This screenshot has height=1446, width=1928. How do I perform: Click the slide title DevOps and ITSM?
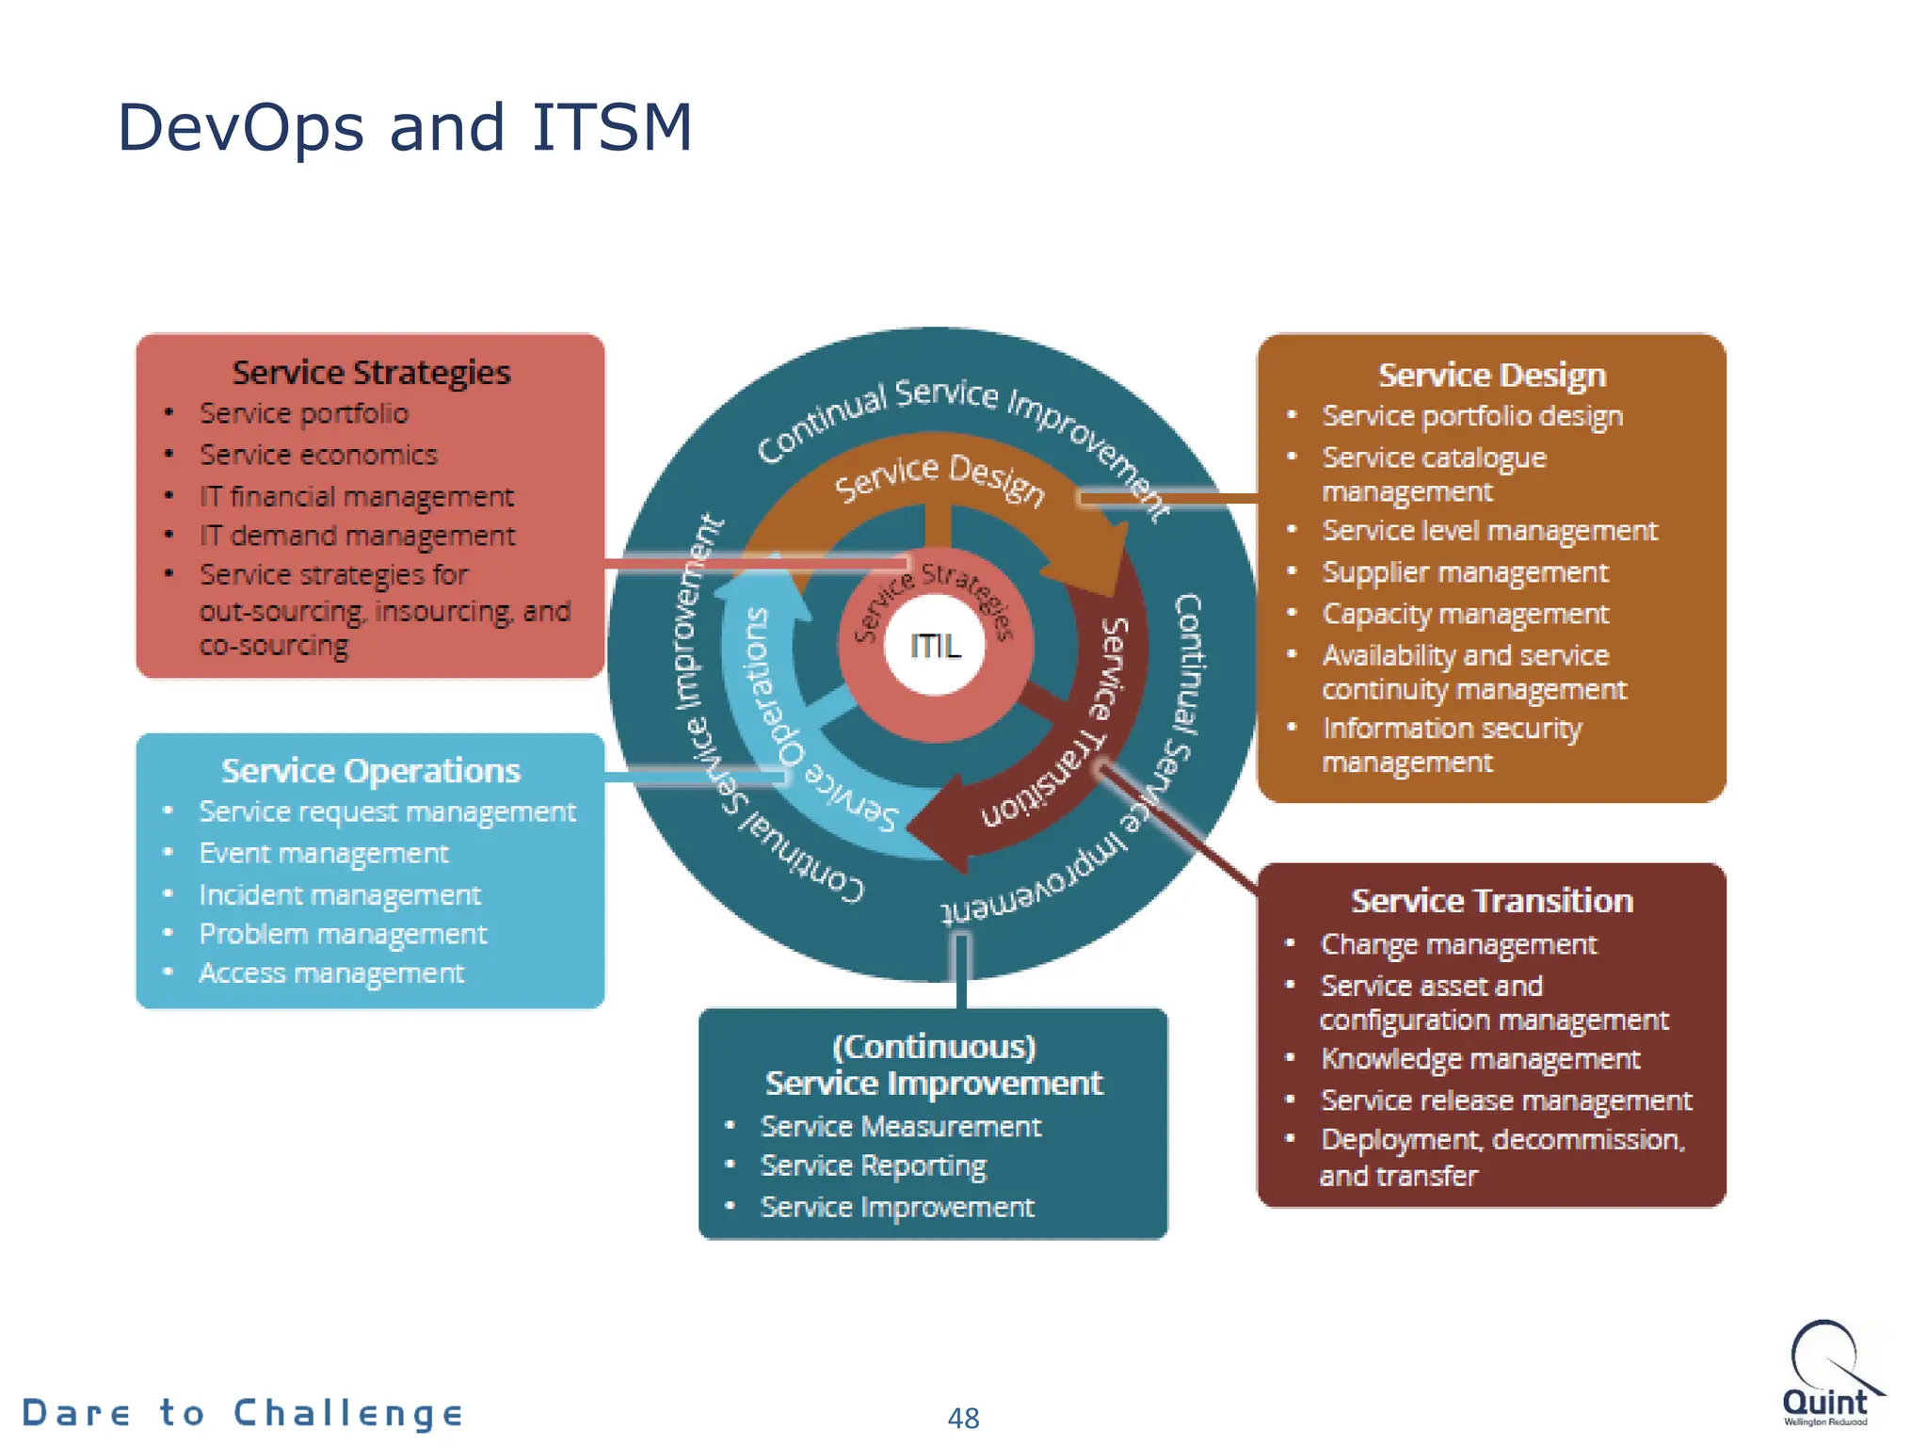(x=405, y=127)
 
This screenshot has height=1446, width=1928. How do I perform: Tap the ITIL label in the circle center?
(x=935, y=646)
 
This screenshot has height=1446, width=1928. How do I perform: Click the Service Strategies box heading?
(x=371, y=373)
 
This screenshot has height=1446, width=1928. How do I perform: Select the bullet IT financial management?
(x=356, y=496)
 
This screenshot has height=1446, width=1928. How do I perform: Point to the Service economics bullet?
(x=318, y=455)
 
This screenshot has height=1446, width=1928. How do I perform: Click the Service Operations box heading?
(x=371, y=771)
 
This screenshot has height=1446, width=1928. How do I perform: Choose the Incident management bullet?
(x=339, y=894)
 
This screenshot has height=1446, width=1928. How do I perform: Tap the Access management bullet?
(x=331, y=972)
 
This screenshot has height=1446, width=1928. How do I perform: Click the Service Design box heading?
(x=1491, y=376)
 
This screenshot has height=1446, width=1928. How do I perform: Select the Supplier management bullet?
(x=1464, y=572)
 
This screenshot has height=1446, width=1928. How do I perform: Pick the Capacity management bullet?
(x=1465, y=614)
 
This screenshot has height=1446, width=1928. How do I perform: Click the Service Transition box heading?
(x=1491, y=901)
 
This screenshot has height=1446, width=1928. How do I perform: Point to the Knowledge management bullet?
(x=1480, y=1059)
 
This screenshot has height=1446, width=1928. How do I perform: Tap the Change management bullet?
(x=1458, y=944)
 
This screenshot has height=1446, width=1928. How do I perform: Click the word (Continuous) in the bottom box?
(x=934, y=1047)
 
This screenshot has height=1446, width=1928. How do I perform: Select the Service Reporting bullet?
(x=873, y=1166)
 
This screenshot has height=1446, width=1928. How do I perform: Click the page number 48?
(x=963, y=1418)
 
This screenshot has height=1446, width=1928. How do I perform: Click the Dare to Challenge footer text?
(x=243, y=1413)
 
